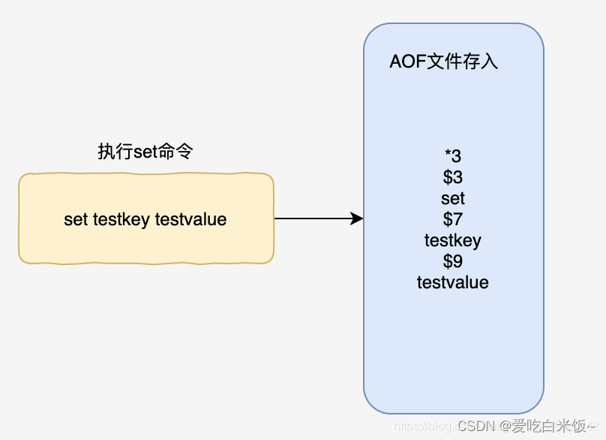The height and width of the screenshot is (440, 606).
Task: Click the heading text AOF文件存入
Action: pos(443,62)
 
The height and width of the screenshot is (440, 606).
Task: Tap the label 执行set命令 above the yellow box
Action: pos(145,151)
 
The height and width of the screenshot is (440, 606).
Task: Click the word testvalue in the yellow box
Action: pos(190,219)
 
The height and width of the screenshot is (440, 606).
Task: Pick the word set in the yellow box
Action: pos(76,219)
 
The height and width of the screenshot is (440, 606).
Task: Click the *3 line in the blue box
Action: pos(453,156)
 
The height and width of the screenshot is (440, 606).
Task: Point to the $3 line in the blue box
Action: pos(453,177)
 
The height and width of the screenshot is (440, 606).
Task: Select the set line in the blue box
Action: pos(453,198)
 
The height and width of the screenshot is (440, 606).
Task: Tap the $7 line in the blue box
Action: pos(453,219)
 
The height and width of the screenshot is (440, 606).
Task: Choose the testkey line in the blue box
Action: pos(453,240)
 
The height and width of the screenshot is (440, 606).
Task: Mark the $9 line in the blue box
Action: pos(453,261)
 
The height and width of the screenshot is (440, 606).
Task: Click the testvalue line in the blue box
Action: pos(453,282)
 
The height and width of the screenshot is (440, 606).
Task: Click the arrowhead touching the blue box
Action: pos(357,218)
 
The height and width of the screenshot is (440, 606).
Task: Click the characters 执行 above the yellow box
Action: pos(109,151)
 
